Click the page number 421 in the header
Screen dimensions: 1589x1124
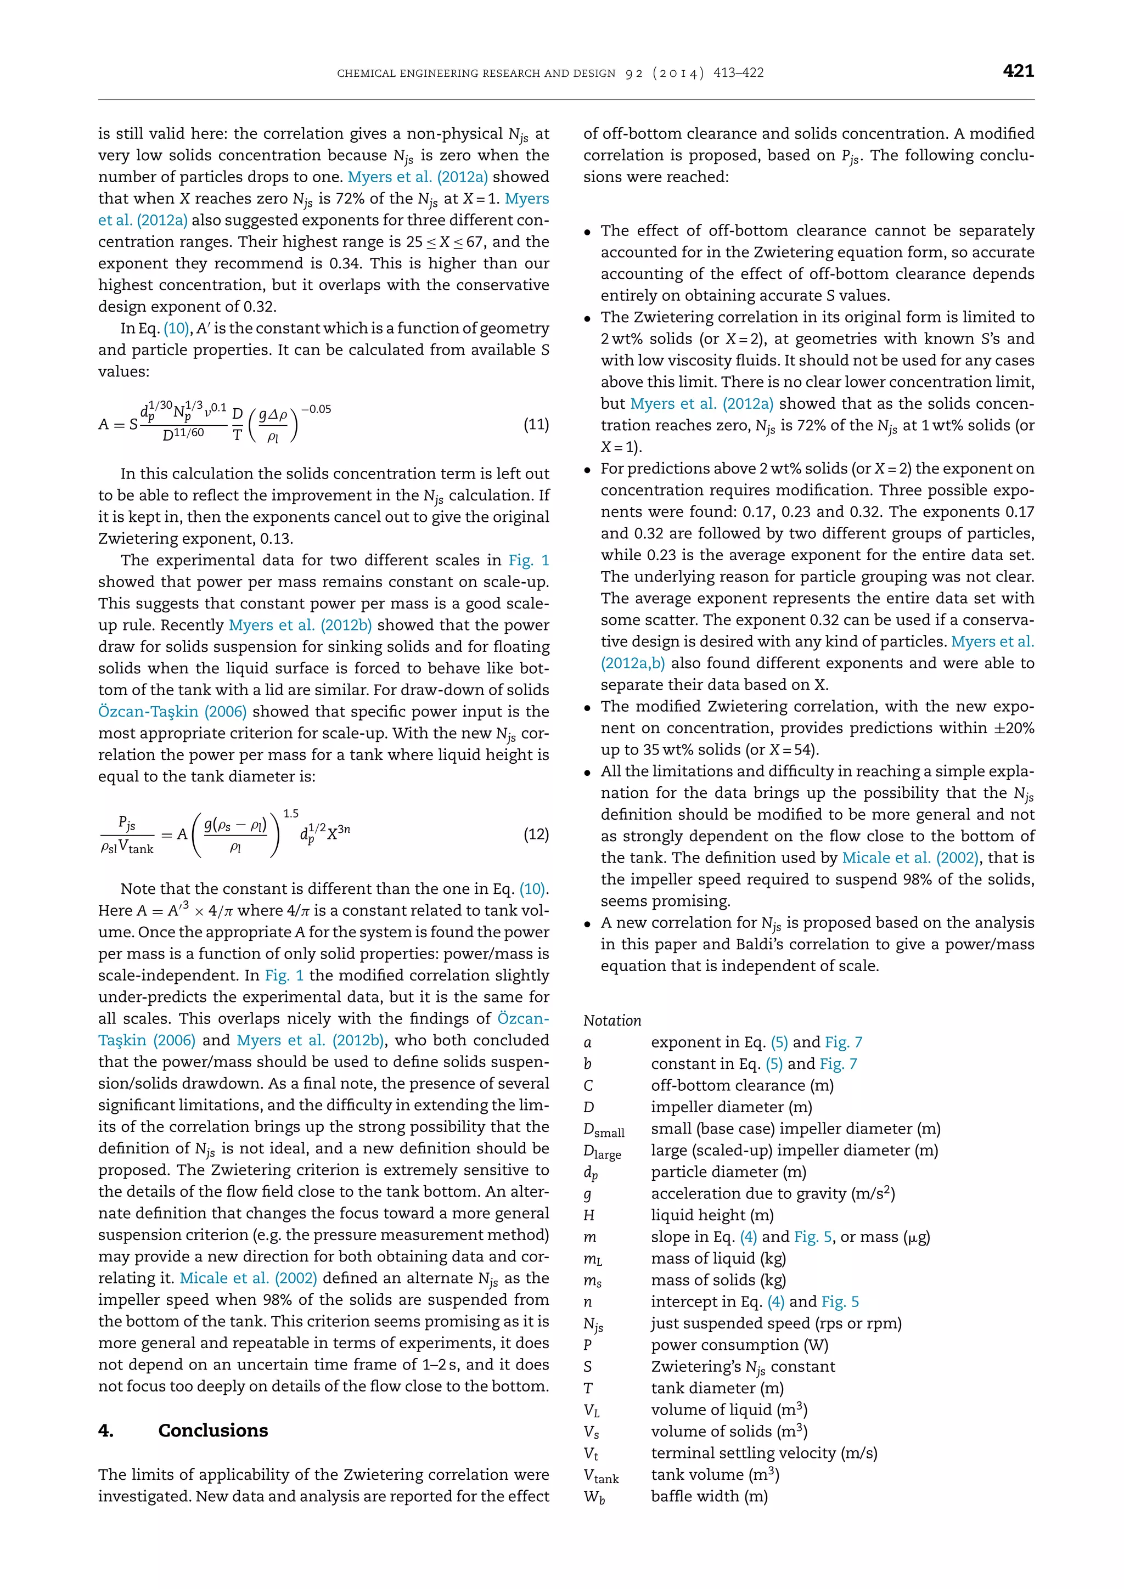tap(1018, 71)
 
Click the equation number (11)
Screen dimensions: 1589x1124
tap(536, 424)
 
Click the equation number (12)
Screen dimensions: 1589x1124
tap(536, 834)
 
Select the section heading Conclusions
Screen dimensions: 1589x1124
tap(212, 1430)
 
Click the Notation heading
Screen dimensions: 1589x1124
tap(612, 1020)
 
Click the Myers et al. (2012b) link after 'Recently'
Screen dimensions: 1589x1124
tap(300, 625)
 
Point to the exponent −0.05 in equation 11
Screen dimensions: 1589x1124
tap(316, 409)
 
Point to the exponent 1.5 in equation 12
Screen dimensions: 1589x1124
tap(291, 814)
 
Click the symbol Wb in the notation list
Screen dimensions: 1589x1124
tap(593, 1497)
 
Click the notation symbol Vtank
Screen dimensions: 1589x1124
tap(600, 1475)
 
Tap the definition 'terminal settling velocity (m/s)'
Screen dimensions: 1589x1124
tap(763, 1453)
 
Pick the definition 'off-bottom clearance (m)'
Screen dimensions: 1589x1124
tap(742, 1085)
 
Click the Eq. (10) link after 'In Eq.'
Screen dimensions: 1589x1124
tap(177, 328)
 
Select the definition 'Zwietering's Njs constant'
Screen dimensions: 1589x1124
tap(743, 1366)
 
